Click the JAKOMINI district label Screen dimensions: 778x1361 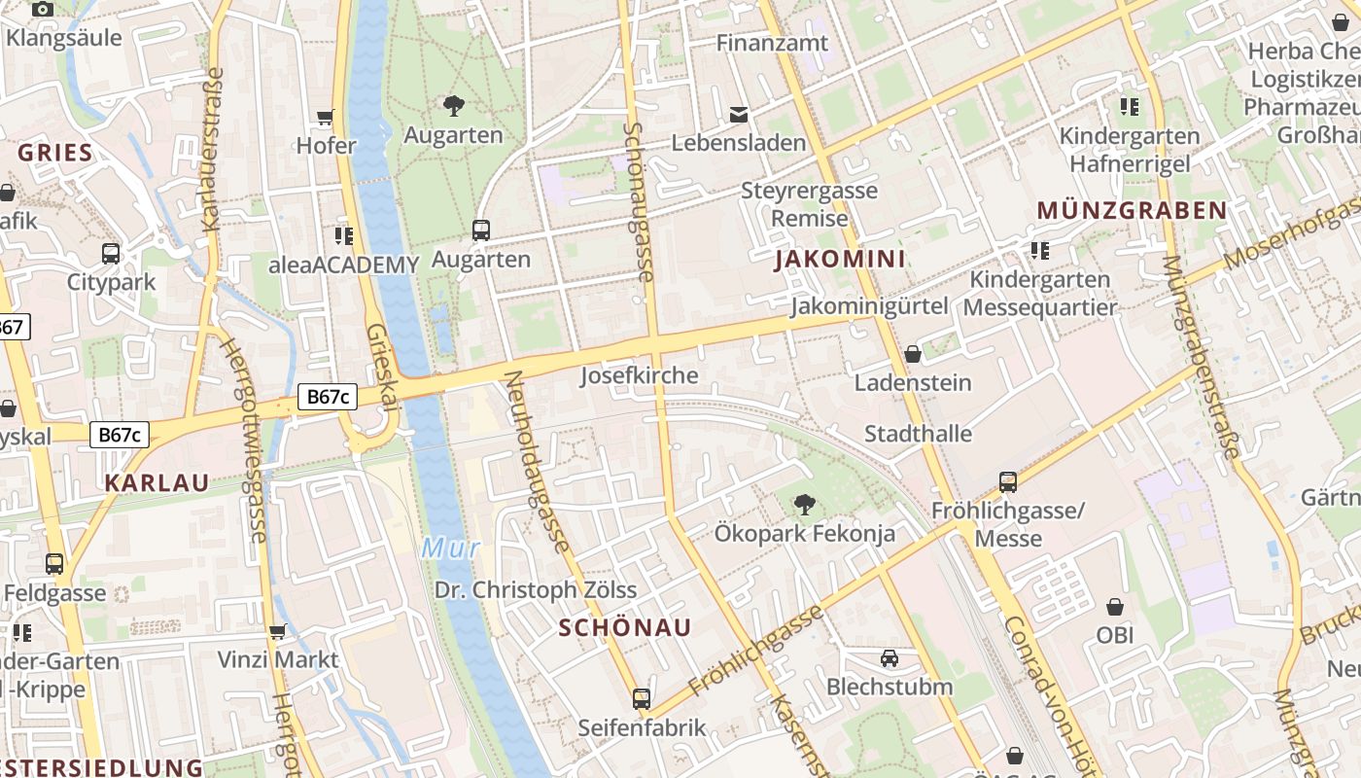coord(840,260)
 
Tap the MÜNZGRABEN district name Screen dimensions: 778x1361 coord(1132,211)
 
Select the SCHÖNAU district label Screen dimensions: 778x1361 coord(625,628)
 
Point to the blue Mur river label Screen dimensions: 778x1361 coord(450,548)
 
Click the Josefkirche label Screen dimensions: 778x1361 coord(639,375)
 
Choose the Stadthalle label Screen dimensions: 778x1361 coord(918,434)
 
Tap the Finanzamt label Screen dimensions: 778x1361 coord(772,43)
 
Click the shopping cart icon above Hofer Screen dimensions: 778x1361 coord(326,118)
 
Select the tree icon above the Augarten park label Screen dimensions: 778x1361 coord(453,106)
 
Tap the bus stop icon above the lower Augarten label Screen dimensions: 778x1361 coord(481,230)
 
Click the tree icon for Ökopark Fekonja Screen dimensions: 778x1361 coord(804,505)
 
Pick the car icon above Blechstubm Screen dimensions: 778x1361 coord(890,658)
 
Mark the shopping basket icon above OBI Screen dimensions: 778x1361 coord(1115,607)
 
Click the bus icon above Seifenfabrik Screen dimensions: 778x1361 coord(642,698)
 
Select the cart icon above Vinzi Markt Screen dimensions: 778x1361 coord(278,631)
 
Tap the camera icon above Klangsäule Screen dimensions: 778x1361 coord(43,10)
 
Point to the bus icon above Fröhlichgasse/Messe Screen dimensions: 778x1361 coord(1008,481)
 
